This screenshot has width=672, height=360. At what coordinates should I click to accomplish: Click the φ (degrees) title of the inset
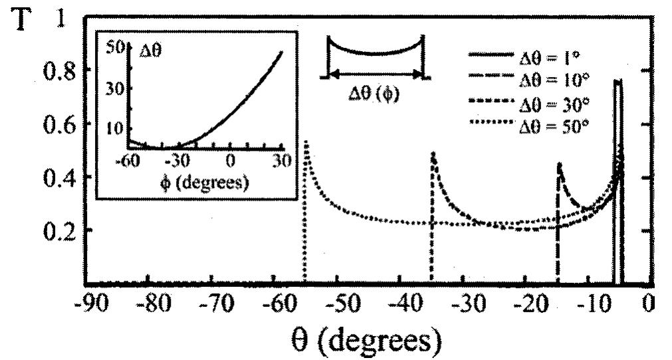(205, 182)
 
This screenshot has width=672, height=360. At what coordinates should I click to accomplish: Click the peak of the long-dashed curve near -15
(560, 163)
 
